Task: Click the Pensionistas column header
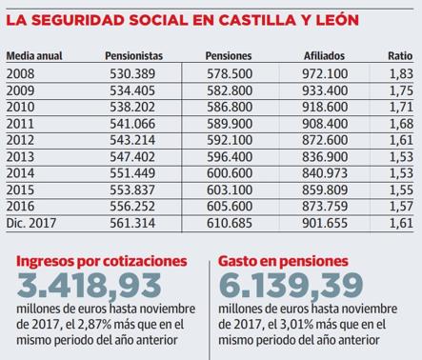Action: point(133,56)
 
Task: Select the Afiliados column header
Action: point(324,56)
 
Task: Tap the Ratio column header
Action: point(399,56)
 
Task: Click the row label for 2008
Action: point(20,72)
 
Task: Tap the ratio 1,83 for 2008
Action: point(401,72)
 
